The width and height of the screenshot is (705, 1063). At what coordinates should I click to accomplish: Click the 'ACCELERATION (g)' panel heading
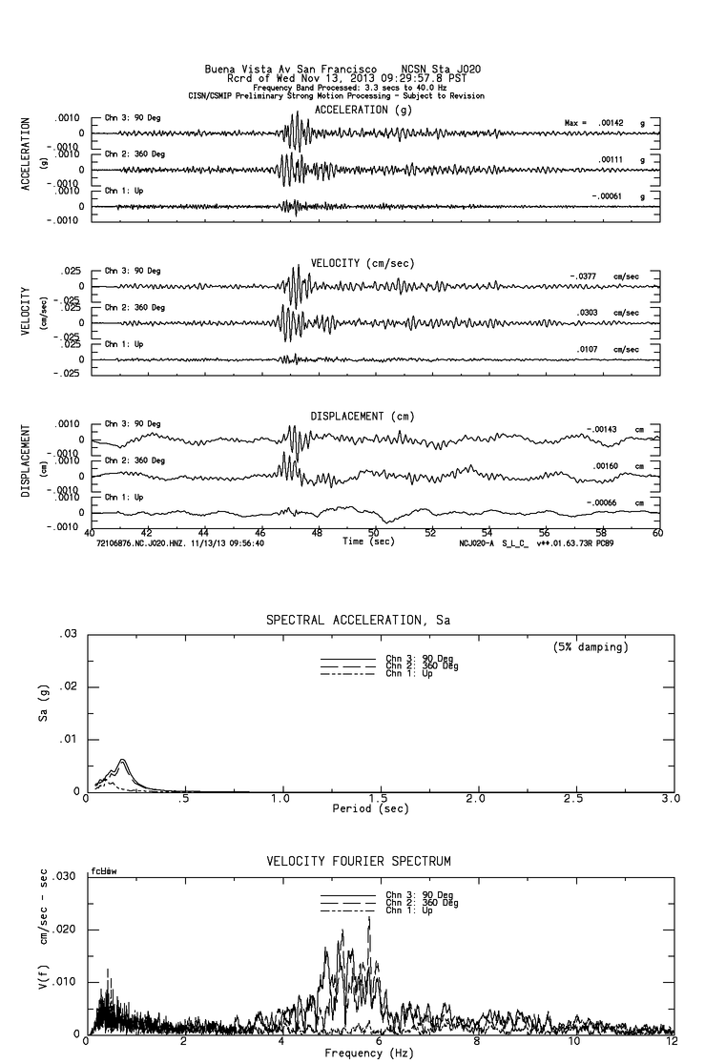pyautogui.click(x=365, y=111)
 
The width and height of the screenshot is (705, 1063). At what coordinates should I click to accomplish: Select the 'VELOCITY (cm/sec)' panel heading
pyautogui.click(x=363, y=263)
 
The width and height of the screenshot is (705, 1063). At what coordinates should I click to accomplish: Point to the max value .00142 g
pyautogui.click(x=617, y=124)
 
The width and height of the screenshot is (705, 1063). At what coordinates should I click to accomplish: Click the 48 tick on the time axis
pyautogui.click(x=317, y=533)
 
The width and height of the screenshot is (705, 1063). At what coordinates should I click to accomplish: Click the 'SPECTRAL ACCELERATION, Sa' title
pyautogui.click(x=358, y=621)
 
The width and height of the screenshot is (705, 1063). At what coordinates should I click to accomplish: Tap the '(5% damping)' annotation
pyautogui.click(x=591, y=646)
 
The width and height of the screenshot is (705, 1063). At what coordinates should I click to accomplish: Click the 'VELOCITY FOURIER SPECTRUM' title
pyautogui.click(x=358, y=862)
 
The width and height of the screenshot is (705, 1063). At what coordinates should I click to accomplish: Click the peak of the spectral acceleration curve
pyautogui.click(x=123, y=759)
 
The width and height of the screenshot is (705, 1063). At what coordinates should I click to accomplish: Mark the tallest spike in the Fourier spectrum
pyautogui.click(x=368, y=917)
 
